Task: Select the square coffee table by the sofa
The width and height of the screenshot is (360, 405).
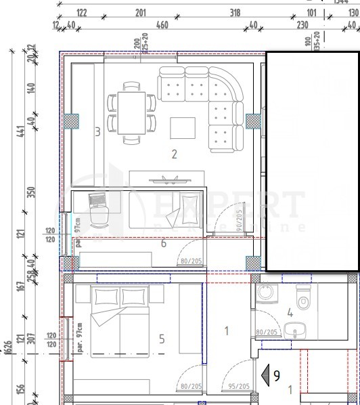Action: pos(183,127)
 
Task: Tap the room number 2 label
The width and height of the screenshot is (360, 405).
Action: pos(175,154)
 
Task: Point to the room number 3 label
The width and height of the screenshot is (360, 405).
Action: pos(97,131)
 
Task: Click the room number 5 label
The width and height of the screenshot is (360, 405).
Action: pos(161,339)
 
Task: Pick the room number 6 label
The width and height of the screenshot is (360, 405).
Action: pos(163,243)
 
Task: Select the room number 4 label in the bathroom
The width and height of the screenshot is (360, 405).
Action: pos(290,313)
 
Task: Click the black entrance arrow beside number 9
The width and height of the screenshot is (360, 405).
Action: pos(266,375)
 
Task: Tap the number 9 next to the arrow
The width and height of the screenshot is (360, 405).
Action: pos(277,375)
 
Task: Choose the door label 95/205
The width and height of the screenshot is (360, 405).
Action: pos(239,386)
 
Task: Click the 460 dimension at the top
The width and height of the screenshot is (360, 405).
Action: pos(162,25)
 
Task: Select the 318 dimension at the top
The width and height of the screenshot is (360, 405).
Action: pos(235,12)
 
